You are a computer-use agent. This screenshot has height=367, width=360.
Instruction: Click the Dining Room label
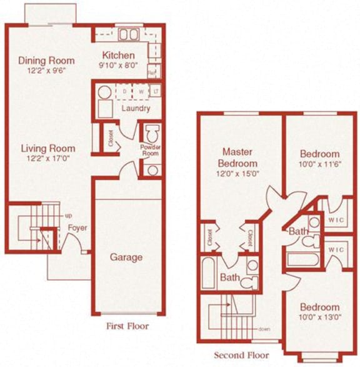tap(46, 61)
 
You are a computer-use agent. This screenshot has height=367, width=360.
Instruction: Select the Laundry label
tap(136, 108)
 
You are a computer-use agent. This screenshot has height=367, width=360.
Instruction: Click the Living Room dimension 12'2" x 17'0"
tap(47, 159)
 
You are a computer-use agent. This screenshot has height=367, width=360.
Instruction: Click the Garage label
tap(126, 256)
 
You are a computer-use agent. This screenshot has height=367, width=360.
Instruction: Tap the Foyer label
tap(77, 228)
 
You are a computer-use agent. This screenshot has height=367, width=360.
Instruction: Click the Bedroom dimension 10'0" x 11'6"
tap(319, 164)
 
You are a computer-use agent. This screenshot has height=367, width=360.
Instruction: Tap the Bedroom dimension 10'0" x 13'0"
tap(319, 318)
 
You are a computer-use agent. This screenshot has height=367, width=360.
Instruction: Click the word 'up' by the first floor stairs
tap(67, 216)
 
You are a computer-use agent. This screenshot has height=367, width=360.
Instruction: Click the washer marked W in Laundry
tap(141, 93)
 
